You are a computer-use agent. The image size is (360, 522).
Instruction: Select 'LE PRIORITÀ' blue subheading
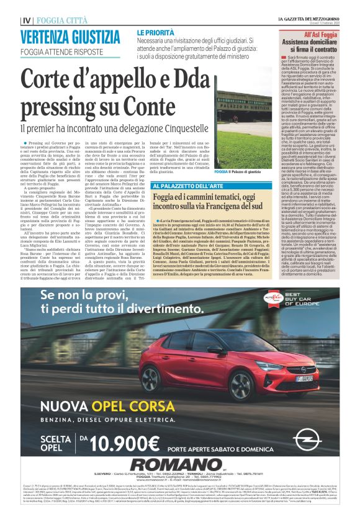(x=155, y=31)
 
